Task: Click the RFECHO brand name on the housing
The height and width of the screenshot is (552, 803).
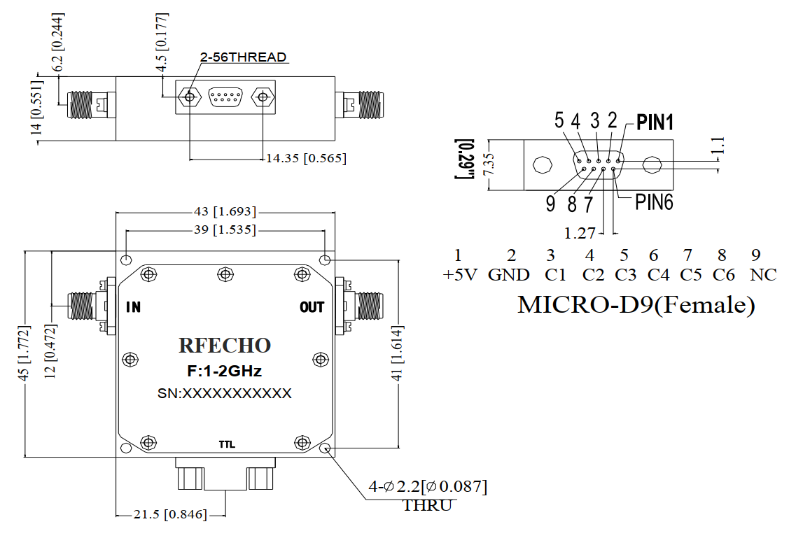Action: click(224, 345)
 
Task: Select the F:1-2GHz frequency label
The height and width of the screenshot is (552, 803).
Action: click(224, 371)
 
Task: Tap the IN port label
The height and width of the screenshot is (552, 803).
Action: click(133, 307)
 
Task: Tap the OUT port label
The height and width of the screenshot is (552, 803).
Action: click(312, 307)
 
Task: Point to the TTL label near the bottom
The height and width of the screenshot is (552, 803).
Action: click(227, 445)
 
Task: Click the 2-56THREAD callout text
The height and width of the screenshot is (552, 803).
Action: click(243, 57)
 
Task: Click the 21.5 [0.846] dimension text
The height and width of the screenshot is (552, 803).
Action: click(170, 515)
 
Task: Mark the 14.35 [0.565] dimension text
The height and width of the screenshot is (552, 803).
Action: click(306, 158)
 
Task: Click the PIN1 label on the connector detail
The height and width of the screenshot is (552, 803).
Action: click(655, 123)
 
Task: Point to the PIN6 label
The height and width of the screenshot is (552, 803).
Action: click(654, 202)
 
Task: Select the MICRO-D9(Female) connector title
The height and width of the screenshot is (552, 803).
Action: click(636, 304)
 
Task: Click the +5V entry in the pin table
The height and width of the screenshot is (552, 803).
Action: click(459, 275)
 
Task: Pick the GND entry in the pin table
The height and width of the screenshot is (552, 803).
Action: click(509, 275)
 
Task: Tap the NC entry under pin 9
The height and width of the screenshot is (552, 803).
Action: click(763, 275)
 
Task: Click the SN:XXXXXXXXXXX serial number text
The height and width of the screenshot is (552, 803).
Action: click(224, 394)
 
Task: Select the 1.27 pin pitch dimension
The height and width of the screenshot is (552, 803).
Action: click(579, 232)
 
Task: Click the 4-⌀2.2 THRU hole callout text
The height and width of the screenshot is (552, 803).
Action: click(428, 494)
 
